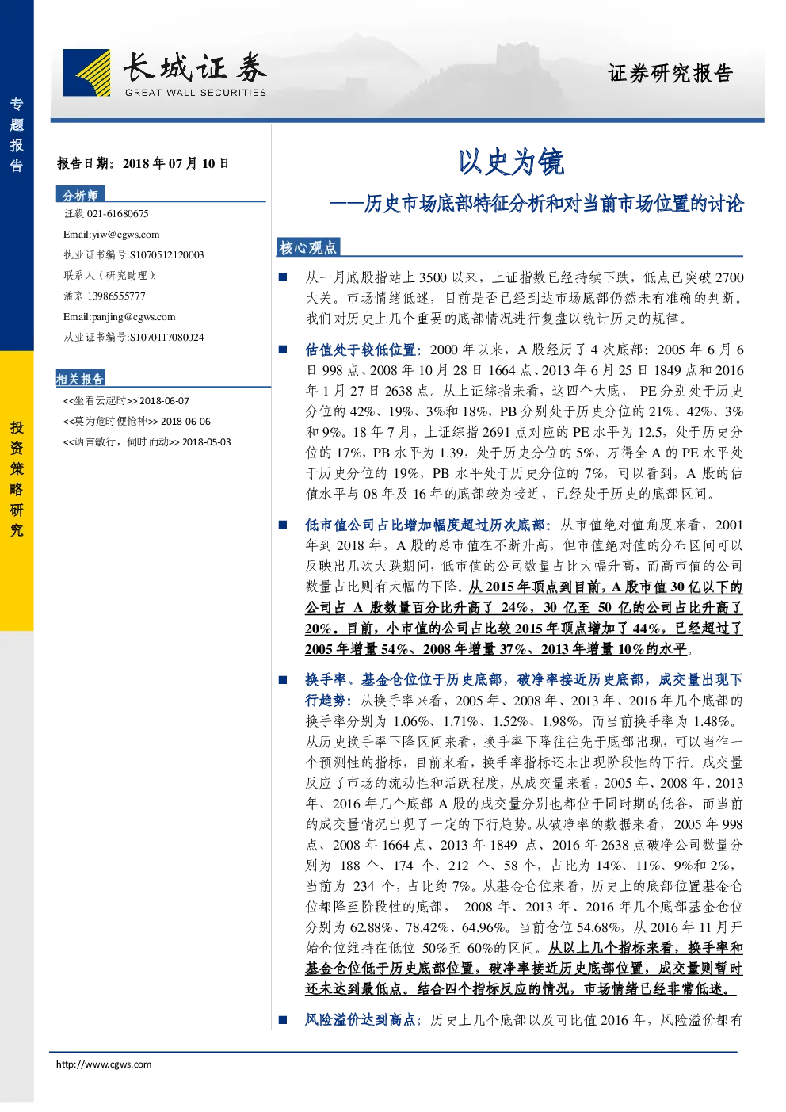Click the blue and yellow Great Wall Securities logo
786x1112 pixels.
(87, 72)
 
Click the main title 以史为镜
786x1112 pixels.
(511, 162)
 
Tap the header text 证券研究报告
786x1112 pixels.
(670, 73)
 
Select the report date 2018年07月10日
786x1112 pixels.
(176, 163)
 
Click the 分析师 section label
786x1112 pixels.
(80, 195)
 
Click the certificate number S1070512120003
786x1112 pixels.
(166, 254)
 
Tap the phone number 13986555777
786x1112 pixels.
(116, 296)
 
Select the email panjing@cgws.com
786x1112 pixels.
(133, 317)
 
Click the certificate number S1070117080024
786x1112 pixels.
(166, 337)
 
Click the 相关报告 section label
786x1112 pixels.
(80, 379)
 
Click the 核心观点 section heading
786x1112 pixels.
(307, 247)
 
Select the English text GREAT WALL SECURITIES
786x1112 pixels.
(196, 92)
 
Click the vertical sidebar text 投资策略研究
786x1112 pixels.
(17, 479)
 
